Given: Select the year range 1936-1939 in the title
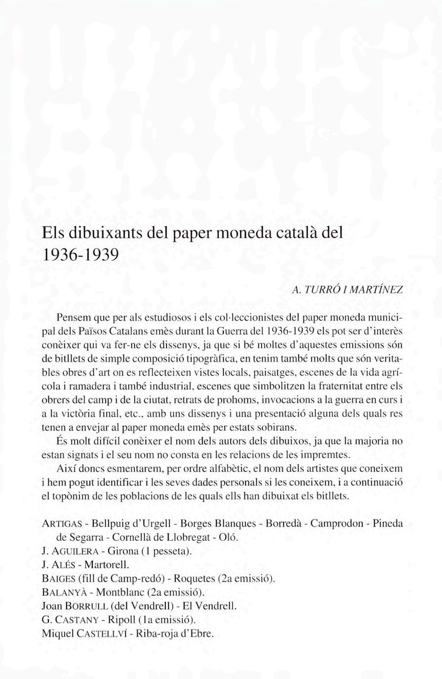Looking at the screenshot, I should click(x=81, y=254).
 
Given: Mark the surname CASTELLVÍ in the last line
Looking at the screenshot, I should click(x=100, y=633).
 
